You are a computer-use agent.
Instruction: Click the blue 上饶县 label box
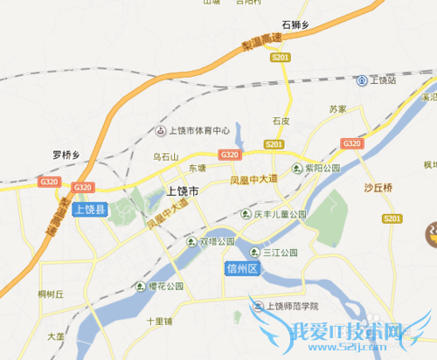pyautogui.click(x=88, y=210)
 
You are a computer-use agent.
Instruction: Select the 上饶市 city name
pyautogui.click(x=182, y=191)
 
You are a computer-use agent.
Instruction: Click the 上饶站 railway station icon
pyautogui.click(x=362, y=80)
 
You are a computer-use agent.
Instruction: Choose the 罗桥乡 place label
pyautogui.click(x=66, y=155)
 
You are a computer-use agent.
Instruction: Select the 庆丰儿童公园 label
pyautogui.click(x=280, y=214)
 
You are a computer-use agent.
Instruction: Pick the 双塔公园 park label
pyautogui.click(x=218, y=241)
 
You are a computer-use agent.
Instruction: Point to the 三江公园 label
pyautogui.click(x=280, y=252)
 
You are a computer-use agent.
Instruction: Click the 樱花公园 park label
pyautogui.click(x=165, y=286)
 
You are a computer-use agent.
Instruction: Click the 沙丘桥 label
pyautogui.click(x=378, y=188)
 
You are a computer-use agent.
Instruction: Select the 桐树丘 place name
pyautogui.click(x=52, y=295)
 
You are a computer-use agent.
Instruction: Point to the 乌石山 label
pyautogui.click(x=165, y=156)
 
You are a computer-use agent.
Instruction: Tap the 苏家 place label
pyautogui.click(x=337, y=109)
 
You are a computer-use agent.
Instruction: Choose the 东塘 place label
pyautogui.click(x=196, y=168)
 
